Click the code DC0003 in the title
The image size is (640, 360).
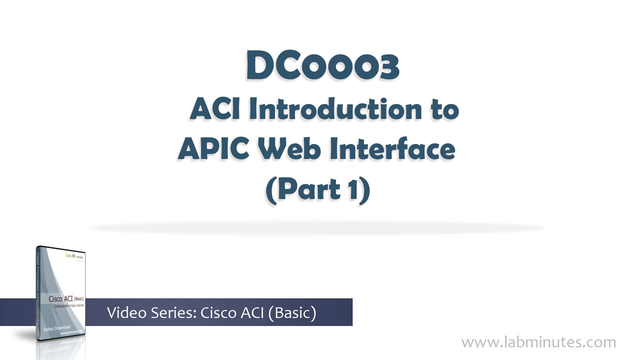tap(322, 67)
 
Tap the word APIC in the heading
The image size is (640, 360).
tap(214, 149)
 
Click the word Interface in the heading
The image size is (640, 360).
tap(392, 149)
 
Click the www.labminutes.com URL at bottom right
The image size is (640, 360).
tap(539, 342)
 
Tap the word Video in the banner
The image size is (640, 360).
tap(127, 313)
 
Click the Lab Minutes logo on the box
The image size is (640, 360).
tap(75, 256)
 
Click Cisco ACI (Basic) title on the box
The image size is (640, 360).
tap(66, 299)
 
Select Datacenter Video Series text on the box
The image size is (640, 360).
tap(69, 306)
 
